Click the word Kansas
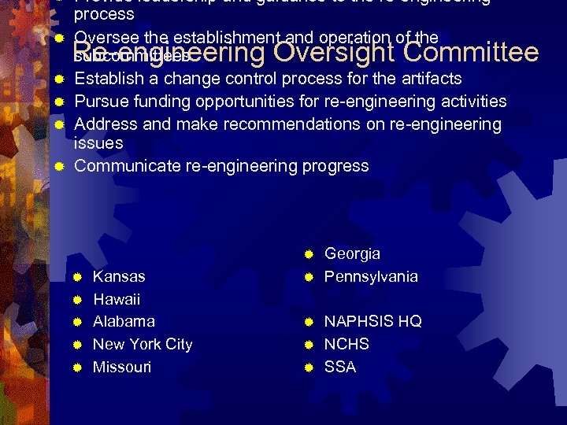click(x=119, y=277)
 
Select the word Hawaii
click(x=117, y=300)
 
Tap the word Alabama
click(x=124, y=322)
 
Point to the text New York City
click(x=143, y=345)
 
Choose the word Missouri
click(x=122, y=368)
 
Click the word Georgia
click(x=352, y=254)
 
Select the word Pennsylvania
click(x=371, y=277)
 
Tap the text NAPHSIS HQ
click(x=372, y=322)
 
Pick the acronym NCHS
click(x=346, y=345)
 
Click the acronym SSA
click(x=340, y=368)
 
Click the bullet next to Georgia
click(x=309, y=254)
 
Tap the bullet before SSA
click(x=309, y=368)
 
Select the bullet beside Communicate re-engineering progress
click(x=59, y=167)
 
